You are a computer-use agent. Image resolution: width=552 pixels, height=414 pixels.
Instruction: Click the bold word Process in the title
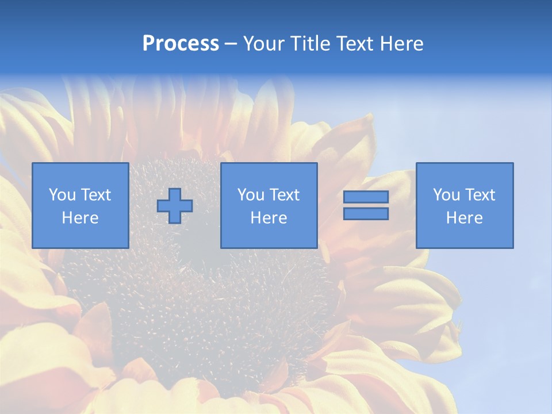(181, 44)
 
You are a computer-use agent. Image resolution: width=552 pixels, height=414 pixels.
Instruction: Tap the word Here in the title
(401, 44)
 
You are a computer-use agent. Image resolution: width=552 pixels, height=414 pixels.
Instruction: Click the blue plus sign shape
(175, 206)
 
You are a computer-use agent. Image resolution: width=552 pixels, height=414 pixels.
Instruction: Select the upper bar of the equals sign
(366, 197)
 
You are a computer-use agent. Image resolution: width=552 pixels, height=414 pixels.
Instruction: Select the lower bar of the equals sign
(366, 214)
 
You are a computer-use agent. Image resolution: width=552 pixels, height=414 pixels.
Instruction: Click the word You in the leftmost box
(62, 195)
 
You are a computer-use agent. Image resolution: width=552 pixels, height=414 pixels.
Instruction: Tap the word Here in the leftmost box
(80, 218)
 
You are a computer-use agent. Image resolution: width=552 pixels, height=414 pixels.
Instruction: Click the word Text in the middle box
(285, 195)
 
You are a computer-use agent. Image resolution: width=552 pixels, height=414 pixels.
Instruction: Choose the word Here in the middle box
(269, 218)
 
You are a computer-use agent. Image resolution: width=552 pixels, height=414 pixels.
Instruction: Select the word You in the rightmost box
(446, 195)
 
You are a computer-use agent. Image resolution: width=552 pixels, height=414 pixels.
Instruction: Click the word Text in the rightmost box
(480, 195)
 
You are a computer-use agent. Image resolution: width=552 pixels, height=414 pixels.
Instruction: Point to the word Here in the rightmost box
(464, 218)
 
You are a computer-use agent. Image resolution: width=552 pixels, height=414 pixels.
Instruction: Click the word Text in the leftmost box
(96, 195)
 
